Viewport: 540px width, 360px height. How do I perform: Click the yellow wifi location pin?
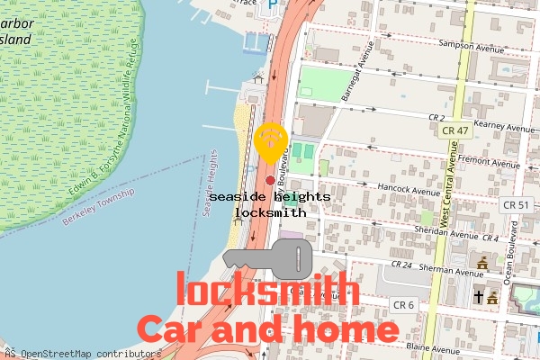(271, 142)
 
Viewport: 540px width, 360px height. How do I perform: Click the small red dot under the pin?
(270, 181)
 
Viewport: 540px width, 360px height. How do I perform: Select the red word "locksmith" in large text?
(267, 291)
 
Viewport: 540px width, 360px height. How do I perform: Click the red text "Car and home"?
(267, 329)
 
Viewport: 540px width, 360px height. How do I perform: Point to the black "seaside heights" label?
(270, 196)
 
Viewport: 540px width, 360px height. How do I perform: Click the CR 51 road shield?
(516, 205)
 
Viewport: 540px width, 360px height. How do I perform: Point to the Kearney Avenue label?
(505, 129)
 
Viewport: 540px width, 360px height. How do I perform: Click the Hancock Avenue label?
(409, 191)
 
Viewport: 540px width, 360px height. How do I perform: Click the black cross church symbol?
(479, 296)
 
